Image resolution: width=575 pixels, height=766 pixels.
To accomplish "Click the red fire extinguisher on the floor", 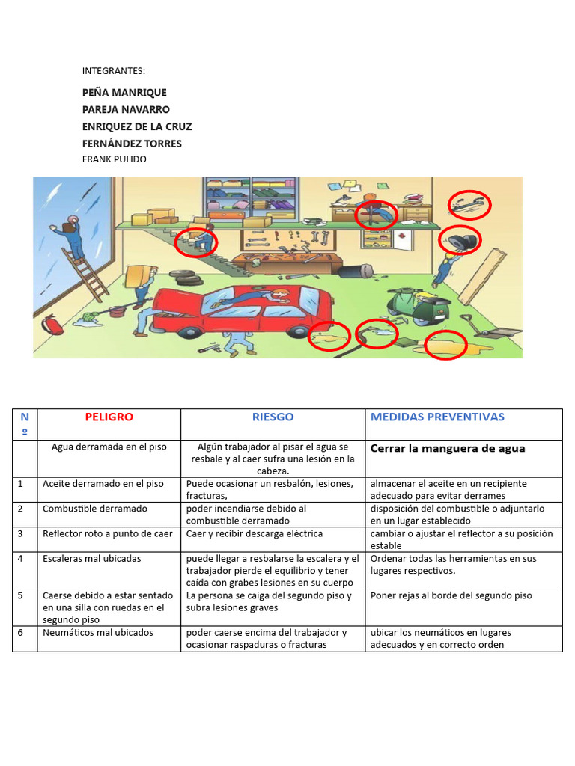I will (x=52, y=325).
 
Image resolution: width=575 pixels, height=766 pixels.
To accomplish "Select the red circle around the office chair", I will (x=376, y=214).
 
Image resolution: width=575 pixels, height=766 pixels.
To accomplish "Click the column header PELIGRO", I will (x=109, y=417).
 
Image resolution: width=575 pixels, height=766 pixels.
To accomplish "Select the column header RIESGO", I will (x=273, y=417).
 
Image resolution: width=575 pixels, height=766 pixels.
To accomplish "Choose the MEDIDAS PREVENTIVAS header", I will (x=437, y=417).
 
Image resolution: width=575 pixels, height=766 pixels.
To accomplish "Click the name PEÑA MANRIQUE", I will (x=124, y=93).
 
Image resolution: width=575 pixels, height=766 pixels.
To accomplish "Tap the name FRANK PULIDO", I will (x=114, y=159).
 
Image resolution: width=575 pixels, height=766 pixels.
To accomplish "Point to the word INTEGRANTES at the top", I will (x=113, y=71).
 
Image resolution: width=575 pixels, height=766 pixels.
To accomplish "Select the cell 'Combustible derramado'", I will (x=95, y=509).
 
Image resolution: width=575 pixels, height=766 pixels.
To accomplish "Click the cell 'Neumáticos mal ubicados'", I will (x=97, y=633).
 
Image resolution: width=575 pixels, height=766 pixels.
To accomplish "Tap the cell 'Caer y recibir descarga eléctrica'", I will (x=255, y=534).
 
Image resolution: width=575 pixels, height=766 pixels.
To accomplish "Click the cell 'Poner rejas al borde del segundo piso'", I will (x=451, y=596).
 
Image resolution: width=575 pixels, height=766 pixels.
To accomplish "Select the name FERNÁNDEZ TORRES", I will (x=132, y=144).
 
